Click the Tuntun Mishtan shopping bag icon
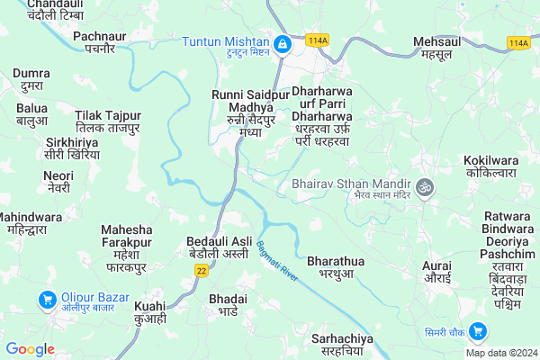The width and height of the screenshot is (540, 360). click(x=282, y=43)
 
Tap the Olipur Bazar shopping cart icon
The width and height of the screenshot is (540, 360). click(x=43, y=299)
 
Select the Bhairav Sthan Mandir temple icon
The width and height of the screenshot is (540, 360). click(x=426, y=189)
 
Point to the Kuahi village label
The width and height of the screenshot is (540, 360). click(x=150, y=314)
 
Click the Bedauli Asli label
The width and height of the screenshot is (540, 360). click(x=219, y=247)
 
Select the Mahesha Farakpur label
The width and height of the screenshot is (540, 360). click(x=131, y=247)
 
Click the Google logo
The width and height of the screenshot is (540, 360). click(x=31, y=349)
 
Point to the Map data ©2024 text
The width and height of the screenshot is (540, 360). click(x=500, y=352)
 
